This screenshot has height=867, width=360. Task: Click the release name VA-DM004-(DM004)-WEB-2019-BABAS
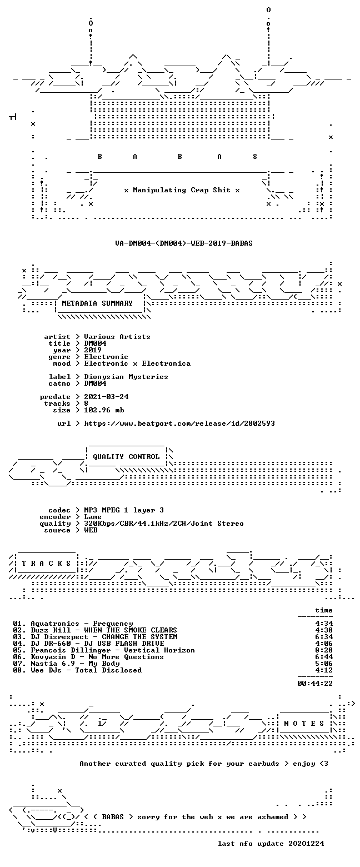[184, 243]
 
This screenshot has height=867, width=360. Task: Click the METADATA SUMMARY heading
[97, 303]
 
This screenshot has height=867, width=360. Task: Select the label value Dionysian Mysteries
[126, 377]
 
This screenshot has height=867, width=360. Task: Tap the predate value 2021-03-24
[107, 397]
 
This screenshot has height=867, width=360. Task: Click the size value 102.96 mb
[104, 410]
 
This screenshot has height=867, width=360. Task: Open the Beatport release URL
[179, 423]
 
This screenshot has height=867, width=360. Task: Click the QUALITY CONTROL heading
[126, 457]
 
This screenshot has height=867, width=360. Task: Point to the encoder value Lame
[93, 517]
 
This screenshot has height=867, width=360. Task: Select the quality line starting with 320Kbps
[164, 524]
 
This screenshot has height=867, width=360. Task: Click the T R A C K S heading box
[47, 564]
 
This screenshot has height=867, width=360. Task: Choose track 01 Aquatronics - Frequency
[73, 624]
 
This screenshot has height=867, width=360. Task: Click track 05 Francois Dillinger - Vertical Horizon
[104, 650]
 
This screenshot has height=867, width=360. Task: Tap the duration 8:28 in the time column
[324, 650]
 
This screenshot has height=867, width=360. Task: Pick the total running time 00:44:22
[315, 684]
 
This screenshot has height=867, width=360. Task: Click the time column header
[324, 610]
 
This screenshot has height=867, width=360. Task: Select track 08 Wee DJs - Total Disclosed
[77, 670]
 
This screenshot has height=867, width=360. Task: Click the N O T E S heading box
[304, 724]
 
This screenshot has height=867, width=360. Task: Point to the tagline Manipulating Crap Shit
[182, 190]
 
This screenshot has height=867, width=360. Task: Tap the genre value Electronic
[106, 357]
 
